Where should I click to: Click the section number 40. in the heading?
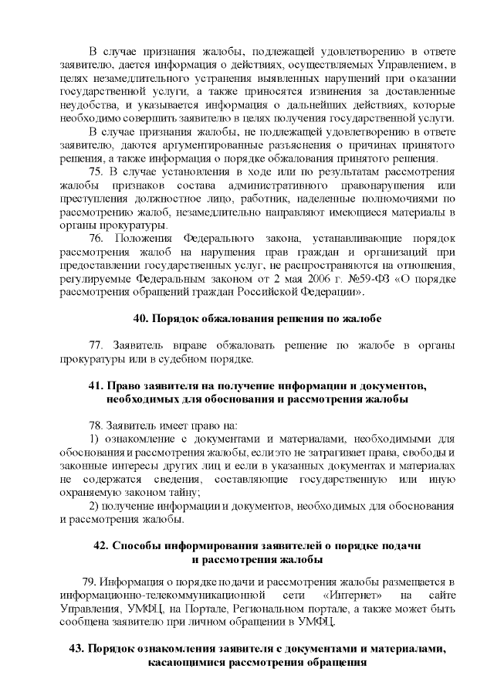point(141,318)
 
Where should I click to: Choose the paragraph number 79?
point(88,582)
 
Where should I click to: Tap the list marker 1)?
point(95,438)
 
